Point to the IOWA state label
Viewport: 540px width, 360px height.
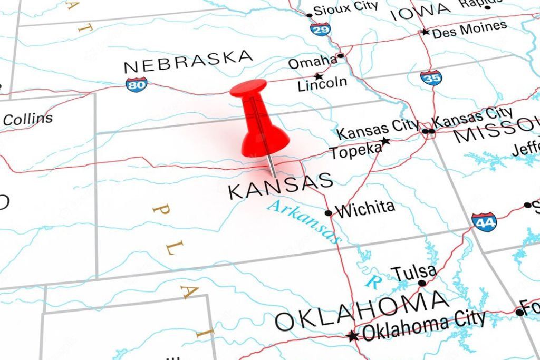[x=421, y=11]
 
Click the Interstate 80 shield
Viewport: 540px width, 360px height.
[x=136, y=84]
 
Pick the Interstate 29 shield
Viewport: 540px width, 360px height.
[x=320, y=29]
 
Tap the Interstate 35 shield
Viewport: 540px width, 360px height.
[x=431, y=78]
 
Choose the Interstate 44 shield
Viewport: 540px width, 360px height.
[x=484, y=222]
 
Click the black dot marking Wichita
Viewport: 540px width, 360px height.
[x=329, y=213]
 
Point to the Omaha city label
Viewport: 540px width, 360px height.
[x=312, y=62]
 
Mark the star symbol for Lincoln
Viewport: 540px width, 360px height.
[x=318, y=76]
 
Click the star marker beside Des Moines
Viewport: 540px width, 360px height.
[x=425, y=32]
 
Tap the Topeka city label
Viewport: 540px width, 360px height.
[x=355, y=151]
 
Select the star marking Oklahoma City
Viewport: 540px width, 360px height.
[x=352, y=336]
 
